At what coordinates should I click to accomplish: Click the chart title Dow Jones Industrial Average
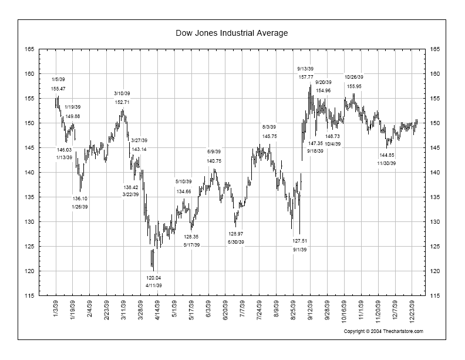click(232, 33)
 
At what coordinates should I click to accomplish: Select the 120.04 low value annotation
click(154, 278)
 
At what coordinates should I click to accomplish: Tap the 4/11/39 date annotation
click(154, 285)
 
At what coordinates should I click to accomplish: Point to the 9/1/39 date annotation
click(300, 249)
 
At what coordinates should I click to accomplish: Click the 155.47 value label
click(59, 89)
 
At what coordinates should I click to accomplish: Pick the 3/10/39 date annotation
click(122, 94)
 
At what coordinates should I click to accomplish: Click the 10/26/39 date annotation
click(354, 77)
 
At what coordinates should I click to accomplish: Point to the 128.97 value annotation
click(236, 234)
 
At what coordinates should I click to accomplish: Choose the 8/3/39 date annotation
click(269, 127)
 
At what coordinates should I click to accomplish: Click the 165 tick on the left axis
click(28, 49)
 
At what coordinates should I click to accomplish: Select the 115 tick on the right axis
click(435, 296)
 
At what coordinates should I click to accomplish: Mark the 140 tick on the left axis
click(28, 173)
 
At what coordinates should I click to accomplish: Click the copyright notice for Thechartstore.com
click(383, 331)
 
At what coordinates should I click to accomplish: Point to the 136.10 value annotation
click(80, 199)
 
